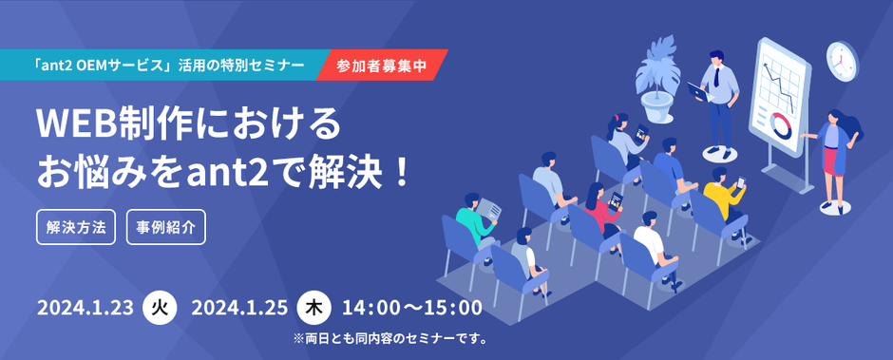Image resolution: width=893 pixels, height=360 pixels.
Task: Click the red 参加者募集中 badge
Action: (x=382, y=65)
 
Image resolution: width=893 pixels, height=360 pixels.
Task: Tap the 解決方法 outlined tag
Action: (x=76, y=228)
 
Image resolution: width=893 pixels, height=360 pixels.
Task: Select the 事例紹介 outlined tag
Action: (x=165, y=228)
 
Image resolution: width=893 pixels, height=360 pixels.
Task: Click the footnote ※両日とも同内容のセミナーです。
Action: (x=390, y=338)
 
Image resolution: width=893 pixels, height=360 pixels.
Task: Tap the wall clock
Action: (x=842, y=58)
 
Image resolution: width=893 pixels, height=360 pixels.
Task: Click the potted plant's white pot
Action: (x=657, y=107)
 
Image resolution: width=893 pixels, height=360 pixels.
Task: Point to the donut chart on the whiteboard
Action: (x=781, y=125)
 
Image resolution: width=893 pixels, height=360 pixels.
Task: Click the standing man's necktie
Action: (x=716, y=75)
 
